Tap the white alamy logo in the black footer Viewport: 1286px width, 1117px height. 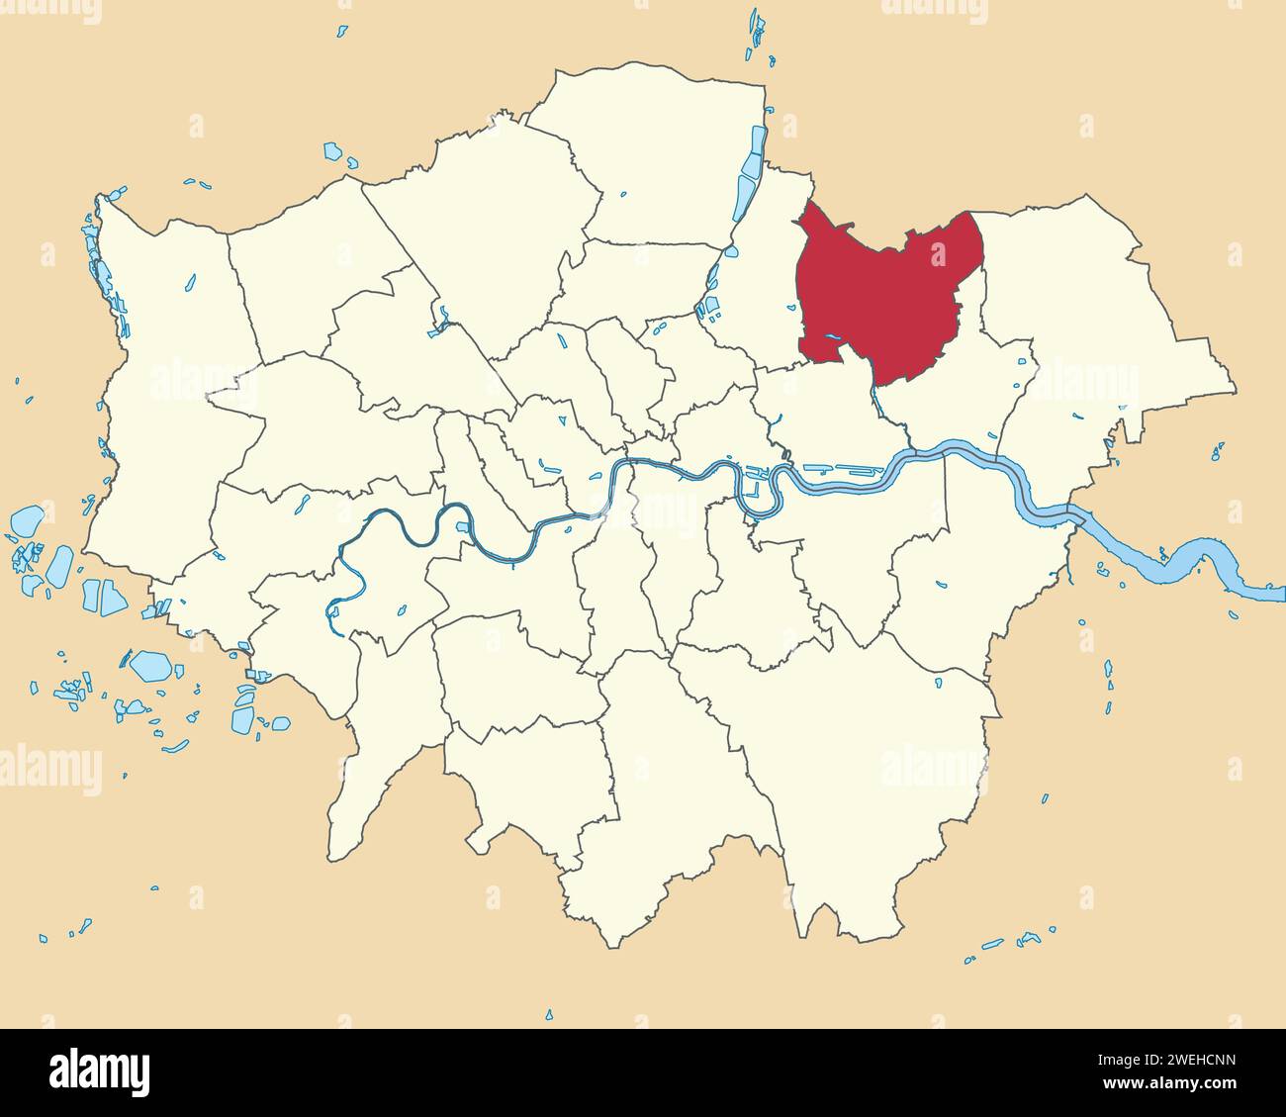[99, 1071]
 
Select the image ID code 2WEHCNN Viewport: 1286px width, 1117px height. [1190, 1061]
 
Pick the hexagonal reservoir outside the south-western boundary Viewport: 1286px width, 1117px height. [150, 665]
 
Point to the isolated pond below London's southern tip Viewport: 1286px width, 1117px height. [549, 1014]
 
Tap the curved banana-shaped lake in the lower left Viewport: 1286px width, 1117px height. [175, 746]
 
